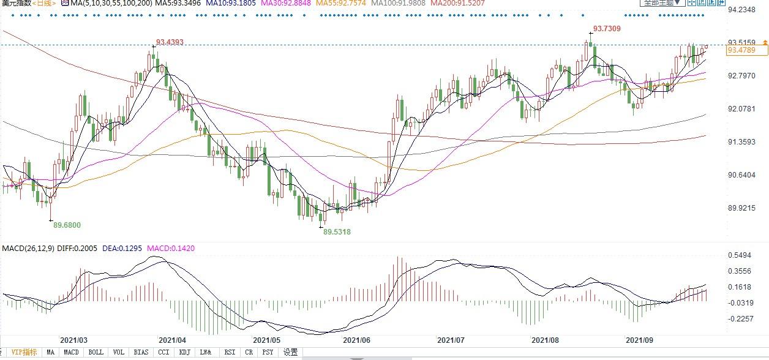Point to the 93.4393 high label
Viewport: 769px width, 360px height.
point(170,42)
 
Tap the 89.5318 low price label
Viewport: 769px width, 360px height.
point(337,232)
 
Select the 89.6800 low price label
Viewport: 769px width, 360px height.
point(67,225)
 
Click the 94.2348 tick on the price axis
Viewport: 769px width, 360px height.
point(743,10)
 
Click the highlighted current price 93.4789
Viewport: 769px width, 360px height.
point(741,50)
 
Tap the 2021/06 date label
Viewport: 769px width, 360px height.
point(356,340)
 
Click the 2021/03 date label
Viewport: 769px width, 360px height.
point(73,340)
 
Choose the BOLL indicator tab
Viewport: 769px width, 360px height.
point(96,352)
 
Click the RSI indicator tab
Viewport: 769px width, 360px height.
point(230,352)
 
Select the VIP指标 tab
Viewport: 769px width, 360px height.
point(24,352)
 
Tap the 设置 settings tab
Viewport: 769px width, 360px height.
point(291,352)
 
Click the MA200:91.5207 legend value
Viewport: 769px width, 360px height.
point(457,3)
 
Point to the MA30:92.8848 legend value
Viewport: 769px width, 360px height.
point(286,3)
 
